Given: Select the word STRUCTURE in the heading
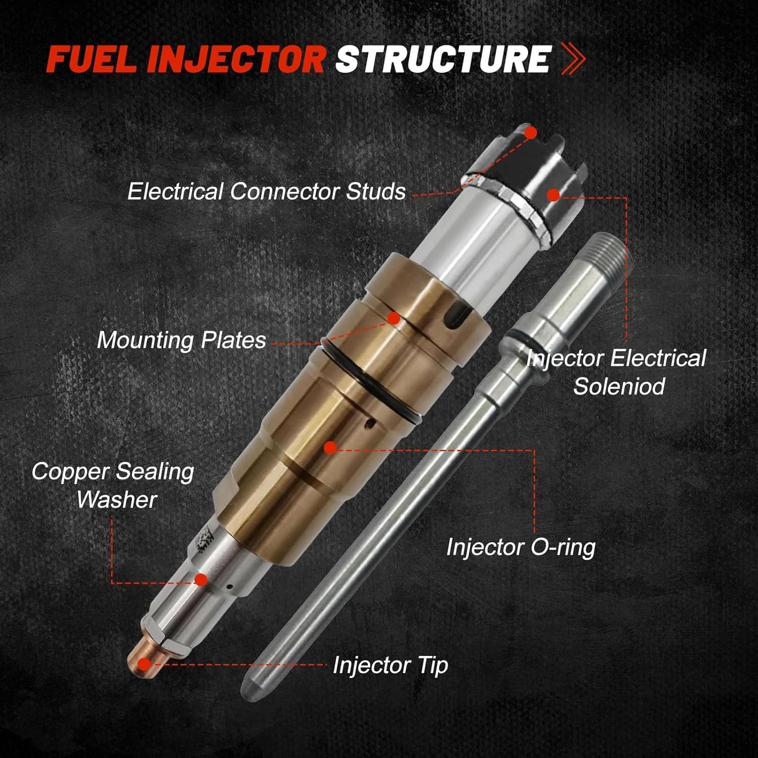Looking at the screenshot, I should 443,60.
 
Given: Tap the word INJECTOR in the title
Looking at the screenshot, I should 236,60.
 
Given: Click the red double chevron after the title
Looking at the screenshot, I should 573,60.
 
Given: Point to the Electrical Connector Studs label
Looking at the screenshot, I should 266,192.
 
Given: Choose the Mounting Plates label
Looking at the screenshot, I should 181,340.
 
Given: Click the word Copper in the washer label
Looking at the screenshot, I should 69,471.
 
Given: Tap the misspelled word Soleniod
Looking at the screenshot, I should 619,387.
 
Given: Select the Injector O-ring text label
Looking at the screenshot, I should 520,547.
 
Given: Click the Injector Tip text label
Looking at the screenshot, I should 390,665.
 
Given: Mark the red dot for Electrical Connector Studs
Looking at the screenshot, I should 530,133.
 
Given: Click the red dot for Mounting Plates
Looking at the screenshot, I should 394,318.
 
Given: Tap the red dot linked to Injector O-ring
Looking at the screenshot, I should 330,447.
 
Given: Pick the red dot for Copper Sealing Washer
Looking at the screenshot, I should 201,580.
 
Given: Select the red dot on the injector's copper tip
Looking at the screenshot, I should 145,664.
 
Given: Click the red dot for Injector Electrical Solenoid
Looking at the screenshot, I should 553,195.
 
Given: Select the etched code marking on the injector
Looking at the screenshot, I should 205,541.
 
